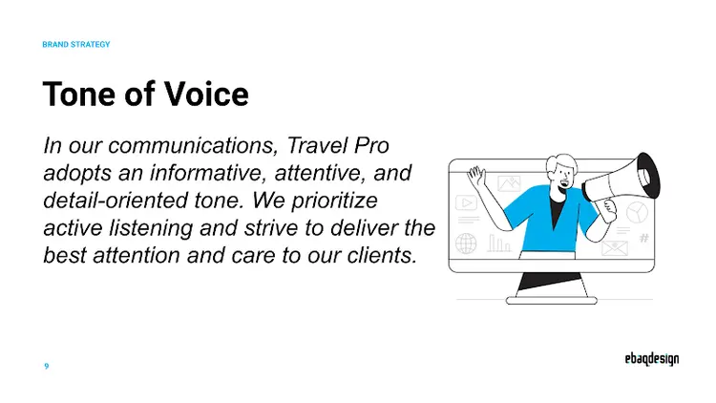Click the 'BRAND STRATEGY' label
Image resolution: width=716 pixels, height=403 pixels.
(x=76, y=44)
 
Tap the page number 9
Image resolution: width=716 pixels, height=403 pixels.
(x=47, y=366)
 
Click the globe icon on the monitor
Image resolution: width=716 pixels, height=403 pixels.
(x=467, y=243)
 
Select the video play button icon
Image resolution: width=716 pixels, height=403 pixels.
(x=467, y=202)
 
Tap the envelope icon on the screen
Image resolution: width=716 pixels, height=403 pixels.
(x=613, y=248)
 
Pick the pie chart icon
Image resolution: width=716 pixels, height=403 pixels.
(x=637, y=212)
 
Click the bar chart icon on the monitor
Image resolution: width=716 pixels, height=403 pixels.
(x=499, y=244)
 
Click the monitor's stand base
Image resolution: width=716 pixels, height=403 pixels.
(x=551, y=300)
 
